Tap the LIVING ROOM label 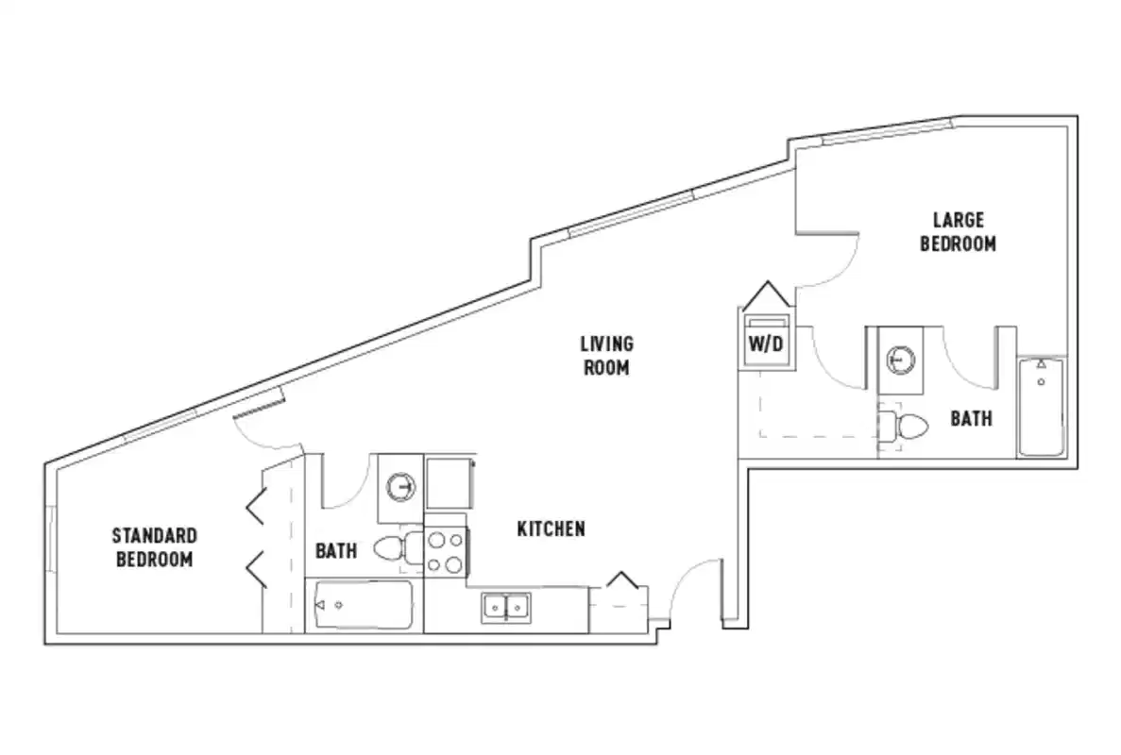point(606,356)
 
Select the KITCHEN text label point(551,529)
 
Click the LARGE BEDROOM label point(959,232)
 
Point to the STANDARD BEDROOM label point(155,547)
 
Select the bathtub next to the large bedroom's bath point(1041,408)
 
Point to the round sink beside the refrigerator point(401,486)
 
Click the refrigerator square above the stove point(448,484)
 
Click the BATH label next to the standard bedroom point(335,550)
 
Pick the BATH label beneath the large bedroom point(971,418)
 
